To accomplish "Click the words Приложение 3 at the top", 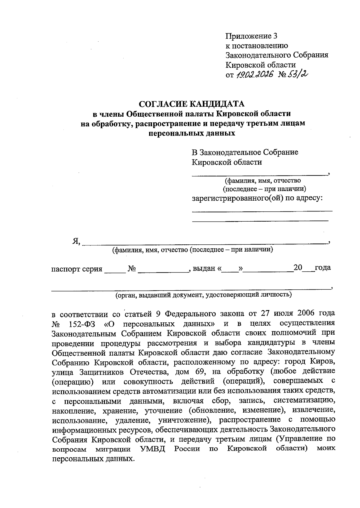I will tap(251, 36).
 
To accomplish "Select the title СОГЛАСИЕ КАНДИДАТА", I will tap(192, 104).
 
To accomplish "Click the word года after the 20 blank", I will tap(323, 267).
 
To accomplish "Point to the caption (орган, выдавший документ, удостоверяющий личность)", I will tap(204, 294).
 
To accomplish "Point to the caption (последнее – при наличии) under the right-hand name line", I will tap(264, 189).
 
